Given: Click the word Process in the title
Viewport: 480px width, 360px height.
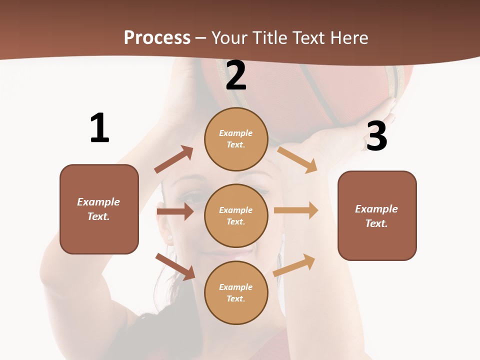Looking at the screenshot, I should coord(157,37).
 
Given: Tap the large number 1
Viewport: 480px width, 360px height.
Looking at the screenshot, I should coord(99,128).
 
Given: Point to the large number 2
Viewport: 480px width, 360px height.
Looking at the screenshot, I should coord(236,75).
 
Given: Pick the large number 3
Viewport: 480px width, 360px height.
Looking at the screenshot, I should coord(376,136).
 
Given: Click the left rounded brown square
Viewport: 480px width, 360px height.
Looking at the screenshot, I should coord(99,209).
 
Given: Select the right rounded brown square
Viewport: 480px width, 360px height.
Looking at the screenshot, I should coord(377,215).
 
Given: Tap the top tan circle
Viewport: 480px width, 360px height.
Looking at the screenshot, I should coord(236,139).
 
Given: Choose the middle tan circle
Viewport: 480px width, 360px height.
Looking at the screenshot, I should coord(236,215).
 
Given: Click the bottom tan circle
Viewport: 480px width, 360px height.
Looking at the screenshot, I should coord(236,292).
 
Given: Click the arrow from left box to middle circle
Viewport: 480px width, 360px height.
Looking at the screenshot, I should coord(175,211).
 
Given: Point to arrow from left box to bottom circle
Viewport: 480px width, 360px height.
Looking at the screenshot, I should coord(175,266).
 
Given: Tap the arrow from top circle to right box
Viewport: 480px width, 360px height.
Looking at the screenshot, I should coord(297,159).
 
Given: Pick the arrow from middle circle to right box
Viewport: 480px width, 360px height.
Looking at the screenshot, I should coord(296,210).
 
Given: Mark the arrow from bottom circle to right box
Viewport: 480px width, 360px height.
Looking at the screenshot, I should coord(294,265).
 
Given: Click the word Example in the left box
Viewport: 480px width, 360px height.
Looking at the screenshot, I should coord(98,202).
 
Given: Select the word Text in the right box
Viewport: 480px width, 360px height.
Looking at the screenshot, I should coord(375,223).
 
